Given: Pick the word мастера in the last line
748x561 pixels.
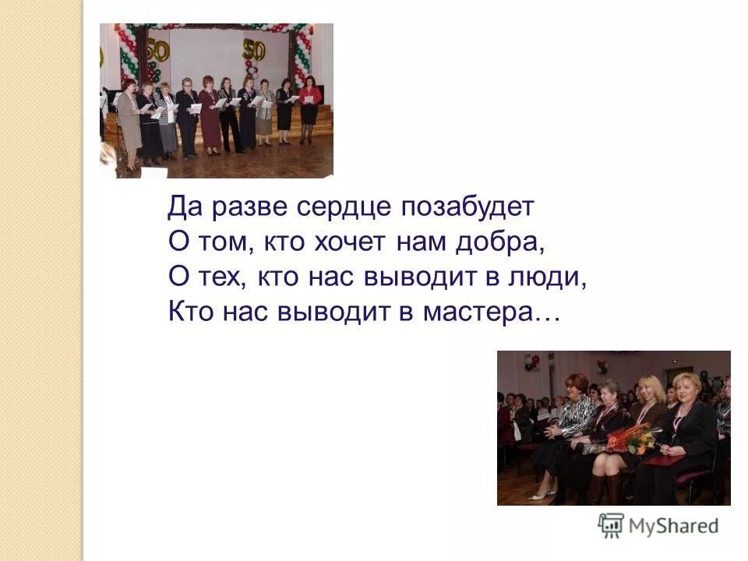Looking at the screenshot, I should coord(490,311).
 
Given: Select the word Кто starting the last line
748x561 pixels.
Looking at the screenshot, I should coord(186,311).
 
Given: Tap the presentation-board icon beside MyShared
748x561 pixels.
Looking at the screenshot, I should coord(612,524).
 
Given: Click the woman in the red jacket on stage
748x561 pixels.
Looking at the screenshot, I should coord(309,109).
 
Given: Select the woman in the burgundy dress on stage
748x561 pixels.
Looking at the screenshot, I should coord(210,117).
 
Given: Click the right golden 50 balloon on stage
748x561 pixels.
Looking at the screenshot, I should coord(253,50).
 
